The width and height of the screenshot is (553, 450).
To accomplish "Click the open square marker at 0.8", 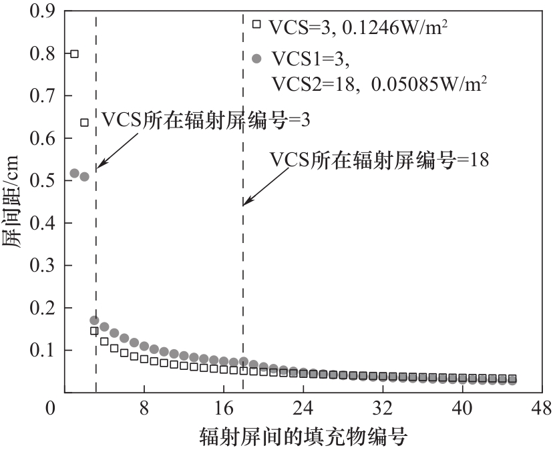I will [74, 53].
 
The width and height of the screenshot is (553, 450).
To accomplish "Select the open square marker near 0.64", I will [84, 122].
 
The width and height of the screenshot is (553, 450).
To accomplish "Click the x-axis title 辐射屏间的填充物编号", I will [303, 437].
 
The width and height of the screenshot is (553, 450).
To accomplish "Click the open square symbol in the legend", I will [256, 24].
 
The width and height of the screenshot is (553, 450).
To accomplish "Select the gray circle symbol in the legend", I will [256, 59].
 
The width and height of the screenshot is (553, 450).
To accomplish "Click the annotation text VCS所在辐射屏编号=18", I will [380, 160].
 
